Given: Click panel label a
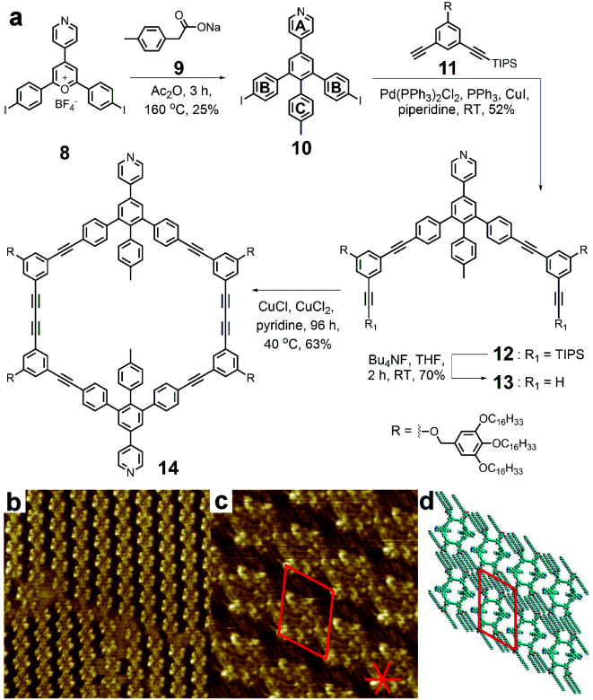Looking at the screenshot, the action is [x=16, y=15].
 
